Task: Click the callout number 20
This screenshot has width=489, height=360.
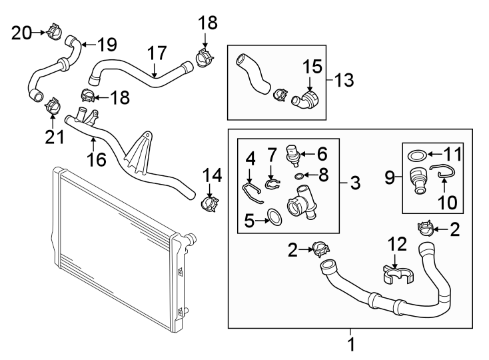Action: point(21,33)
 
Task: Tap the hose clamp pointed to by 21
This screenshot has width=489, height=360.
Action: point(53,106)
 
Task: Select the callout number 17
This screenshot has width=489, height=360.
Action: point(157,53)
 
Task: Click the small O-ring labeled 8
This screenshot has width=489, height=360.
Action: point(298,177)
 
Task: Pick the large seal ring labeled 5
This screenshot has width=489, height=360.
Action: point(274,217)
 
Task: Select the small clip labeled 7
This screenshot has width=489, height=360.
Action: point(273,184)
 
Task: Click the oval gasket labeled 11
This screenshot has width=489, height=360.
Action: point(417,155)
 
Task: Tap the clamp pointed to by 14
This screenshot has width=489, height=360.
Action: point(209,204)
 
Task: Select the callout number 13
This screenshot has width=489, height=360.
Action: point(344,80)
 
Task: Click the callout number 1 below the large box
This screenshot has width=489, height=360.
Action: point(351,345)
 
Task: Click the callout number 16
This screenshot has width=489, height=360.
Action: point(97,159)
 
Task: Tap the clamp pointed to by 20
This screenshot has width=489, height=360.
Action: point(54,31)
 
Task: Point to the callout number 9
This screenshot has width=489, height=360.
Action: point(390,178)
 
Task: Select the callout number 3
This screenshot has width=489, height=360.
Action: point(355,183)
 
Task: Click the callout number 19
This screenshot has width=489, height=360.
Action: point(107,45)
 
